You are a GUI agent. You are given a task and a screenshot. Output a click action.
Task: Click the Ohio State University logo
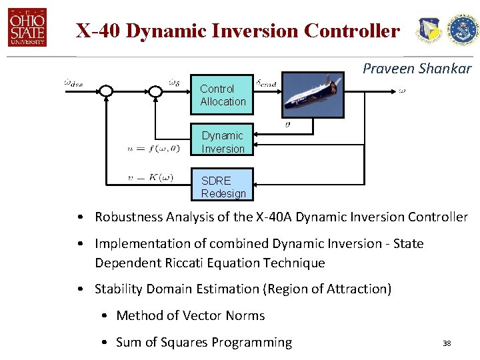27,28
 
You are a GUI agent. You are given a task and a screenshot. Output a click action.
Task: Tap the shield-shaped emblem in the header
428,31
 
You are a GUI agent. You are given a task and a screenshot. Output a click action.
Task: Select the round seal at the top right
462,30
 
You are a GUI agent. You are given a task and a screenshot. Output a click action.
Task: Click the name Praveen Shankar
417,69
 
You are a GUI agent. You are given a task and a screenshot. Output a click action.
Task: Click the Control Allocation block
222,95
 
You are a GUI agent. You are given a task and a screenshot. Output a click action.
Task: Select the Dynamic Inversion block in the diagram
222,142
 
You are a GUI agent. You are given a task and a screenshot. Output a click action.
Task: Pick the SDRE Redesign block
222,187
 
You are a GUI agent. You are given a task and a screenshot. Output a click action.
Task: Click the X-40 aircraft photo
313,95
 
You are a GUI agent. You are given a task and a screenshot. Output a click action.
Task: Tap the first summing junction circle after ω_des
107,91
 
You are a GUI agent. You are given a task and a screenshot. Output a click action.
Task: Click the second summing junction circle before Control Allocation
155,91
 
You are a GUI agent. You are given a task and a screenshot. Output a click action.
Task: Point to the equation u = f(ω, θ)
153,149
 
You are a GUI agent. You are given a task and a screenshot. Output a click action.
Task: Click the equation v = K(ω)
150,177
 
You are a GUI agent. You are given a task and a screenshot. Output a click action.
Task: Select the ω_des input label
74,83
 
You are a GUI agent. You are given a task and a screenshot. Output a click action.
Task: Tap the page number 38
447,343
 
